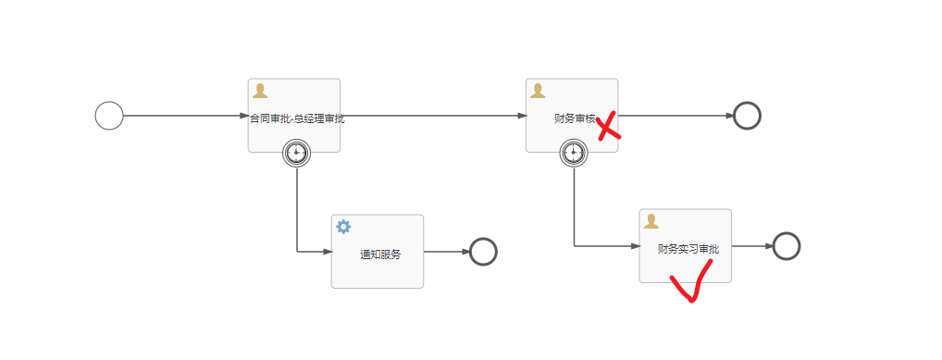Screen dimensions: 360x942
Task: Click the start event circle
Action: point(109,116)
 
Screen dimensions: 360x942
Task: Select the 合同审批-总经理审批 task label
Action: point(297,118)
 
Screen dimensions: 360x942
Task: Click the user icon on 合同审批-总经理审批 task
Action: point(260,91)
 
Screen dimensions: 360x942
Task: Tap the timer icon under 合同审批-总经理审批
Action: point(297,153)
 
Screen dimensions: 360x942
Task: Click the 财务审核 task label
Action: point(574,118)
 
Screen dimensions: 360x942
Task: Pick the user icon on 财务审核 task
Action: point(538,91)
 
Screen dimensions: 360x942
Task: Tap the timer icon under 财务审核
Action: point(574,153)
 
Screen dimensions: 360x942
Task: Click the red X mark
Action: point(607,127)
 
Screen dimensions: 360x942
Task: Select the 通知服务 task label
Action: point(380,254)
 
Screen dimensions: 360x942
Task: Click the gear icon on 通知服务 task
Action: point(343,227)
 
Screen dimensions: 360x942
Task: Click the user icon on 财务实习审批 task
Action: point(651,221)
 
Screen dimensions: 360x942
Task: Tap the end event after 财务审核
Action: point(747,116)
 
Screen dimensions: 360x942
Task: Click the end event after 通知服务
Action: point(483,252)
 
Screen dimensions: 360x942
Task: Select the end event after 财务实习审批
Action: point(786,246)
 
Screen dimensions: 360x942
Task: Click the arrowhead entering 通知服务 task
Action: point(326,252)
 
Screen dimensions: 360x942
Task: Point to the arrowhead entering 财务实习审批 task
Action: point(634,246)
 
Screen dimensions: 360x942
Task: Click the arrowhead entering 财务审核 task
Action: point(521,116)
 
